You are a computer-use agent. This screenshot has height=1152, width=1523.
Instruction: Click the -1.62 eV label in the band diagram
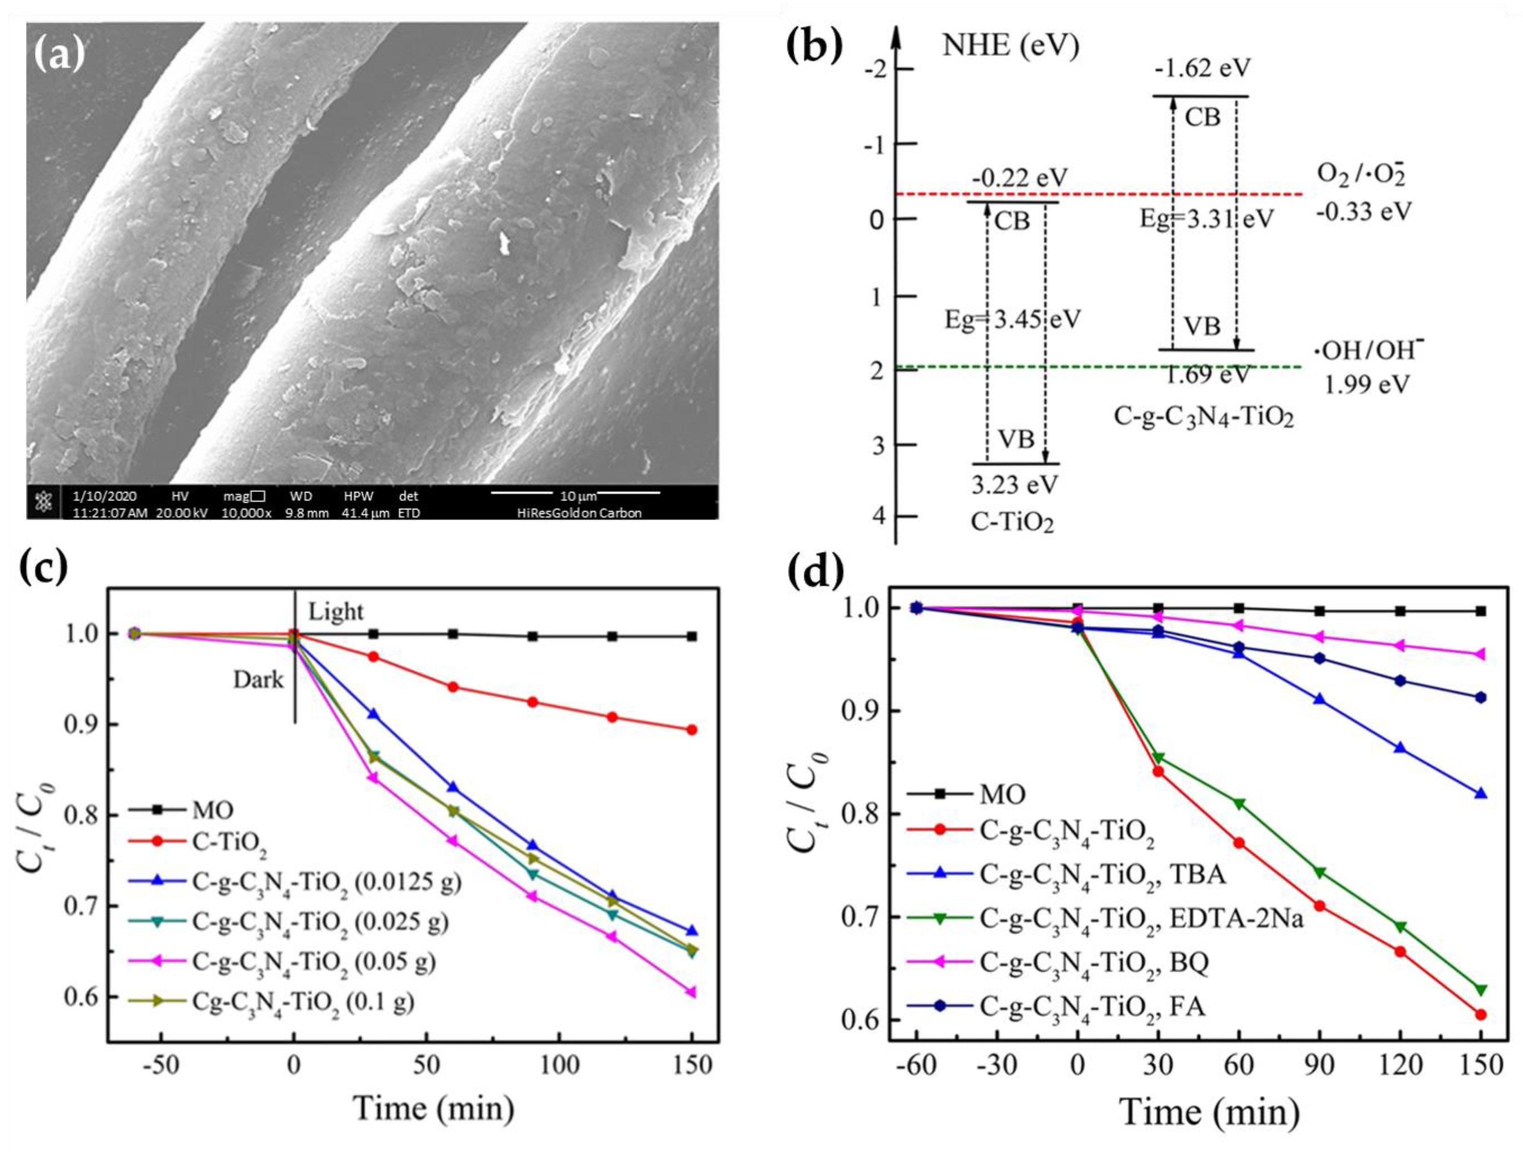click(1202, 68)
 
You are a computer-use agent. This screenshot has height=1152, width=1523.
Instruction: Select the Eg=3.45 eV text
click(1012, 319)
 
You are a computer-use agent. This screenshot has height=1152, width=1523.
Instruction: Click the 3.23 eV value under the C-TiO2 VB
click(1014, 485)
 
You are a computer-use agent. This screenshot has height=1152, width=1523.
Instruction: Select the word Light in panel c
click(335, 611)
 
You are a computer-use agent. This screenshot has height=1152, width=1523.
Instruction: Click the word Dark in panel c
click(258, 680)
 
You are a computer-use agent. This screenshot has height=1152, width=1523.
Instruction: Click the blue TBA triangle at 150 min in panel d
click(1481, 793)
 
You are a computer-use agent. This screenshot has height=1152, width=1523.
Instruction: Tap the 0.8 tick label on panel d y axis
click(860, 814)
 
